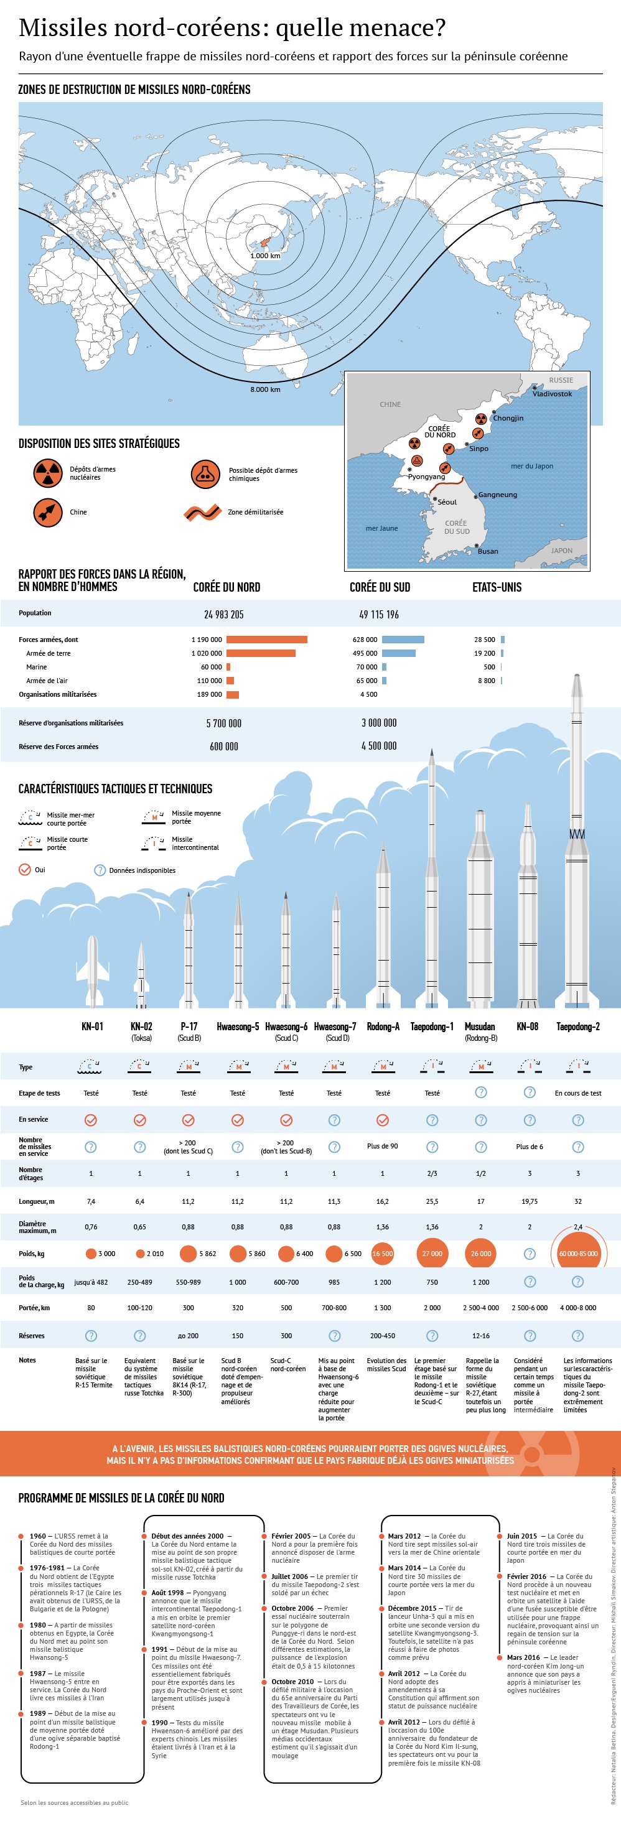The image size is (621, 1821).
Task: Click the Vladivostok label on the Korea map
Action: click(552, 394)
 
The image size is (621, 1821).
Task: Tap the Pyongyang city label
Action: click(426, 477)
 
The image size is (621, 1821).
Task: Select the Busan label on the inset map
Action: click(487, 551)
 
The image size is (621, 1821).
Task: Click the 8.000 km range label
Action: click(265, 389)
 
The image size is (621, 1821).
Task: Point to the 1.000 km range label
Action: click(265, 256)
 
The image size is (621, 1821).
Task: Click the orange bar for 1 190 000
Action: click(267, 640)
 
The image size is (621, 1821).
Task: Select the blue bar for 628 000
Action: click(403, 640)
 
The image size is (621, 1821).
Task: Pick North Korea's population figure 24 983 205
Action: click(223, 614)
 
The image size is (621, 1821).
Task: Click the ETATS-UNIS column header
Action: click(497, 587)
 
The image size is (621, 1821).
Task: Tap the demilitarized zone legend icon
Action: click(203, 513)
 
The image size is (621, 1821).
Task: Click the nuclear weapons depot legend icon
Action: click(48, 473)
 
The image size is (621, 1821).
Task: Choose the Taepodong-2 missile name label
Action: click(577, 1027)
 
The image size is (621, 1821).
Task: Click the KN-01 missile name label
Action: click(92, 1027)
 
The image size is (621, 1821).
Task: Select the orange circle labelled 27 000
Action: click(431, 1254)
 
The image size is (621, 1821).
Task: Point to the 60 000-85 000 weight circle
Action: click(578, 1254)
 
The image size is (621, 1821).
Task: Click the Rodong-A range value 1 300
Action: click(383, 1308)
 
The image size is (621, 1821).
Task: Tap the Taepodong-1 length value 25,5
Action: click(431, 1201)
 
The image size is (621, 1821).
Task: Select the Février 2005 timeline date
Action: click(291, 1536)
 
